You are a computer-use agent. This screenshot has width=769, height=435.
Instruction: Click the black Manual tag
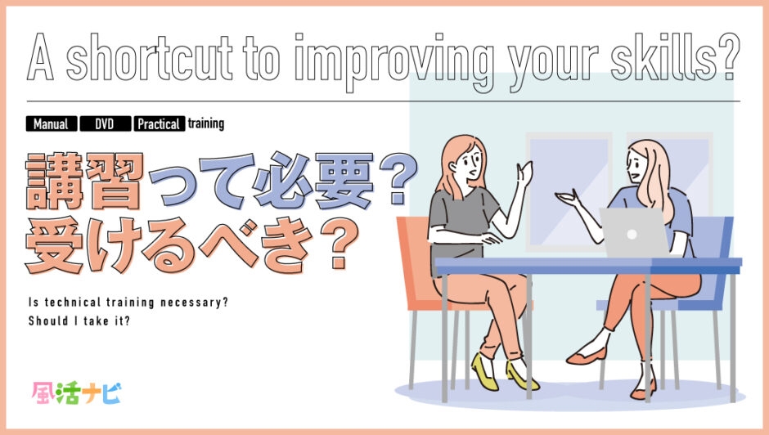pyautogui.click(x=52, y=123)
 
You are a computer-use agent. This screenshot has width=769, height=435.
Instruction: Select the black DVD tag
pyautogui.click(x=106, y=123)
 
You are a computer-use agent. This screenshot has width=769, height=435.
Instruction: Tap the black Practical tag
pyautogui.click(x=160, y=123)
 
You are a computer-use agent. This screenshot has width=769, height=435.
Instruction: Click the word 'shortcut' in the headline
pyautogui.click(x=150, y=58)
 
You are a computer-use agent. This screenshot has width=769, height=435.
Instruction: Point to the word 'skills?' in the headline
pyautogui.click(x=675, y=58)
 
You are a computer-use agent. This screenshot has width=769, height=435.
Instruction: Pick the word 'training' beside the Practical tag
pyautogui.click(x=206, y=123)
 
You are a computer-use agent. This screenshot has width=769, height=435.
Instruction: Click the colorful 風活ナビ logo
pyautogui.click(x=77, y=392)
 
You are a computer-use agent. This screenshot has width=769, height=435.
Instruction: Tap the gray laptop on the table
pyautogui.click(x=633, y=232)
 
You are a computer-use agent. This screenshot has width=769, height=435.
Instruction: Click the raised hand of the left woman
pyautogui.click(x=524, y=173)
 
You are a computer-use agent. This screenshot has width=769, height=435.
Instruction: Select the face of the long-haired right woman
pyautogui.click(x=636, y=166)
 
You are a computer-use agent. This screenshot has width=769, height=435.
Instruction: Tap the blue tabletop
pyautogui.click(x=588, y=265)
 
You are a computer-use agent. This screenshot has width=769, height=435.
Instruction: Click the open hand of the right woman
pyautogui.click(x=568, y=199)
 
